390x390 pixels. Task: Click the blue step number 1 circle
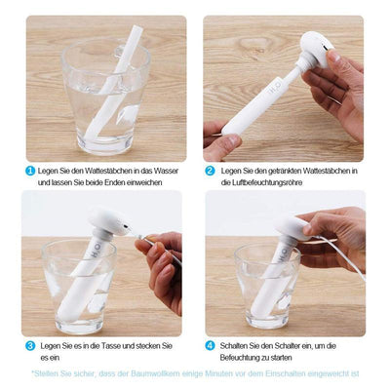pyautogui.click(x=30, y=171)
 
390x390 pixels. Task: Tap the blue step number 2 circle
pyautogui.click(x=210, y=171)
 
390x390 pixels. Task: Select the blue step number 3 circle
pyautogui.click(x=30, y=346)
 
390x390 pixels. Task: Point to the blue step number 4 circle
pyautogui.click(x=210, y=346)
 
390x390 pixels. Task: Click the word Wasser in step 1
pyautogui.click(x=166, y=171)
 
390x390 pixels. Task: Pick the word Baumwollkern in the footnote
pyautogui.click(x=155, y=373)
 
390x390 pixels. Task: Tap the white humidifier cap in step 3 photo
pyautogui.click(x=108, y=221)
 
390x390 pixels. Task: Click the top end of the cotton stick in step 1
pyautogui.click(x=137, y=28)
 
